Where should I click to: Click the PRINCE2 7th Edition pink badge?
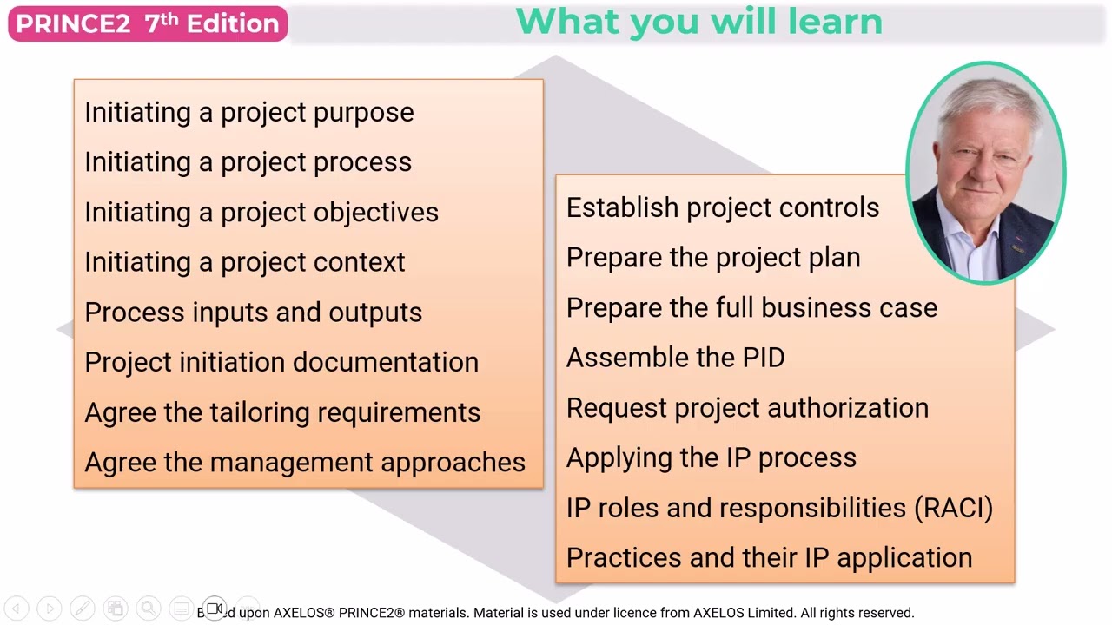pyautogui.click(x=147, y=23)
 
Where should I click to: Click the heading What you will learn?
pyautogui.click(x=698, y=22)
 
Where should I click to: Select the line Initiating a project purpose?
pyautogui.click(x=248, y=112)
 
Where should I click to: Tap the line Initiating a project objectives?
pyautogui.click(x=261, y=212)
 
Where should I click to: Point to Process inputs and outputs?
pyautogui.click(x=253, y=312)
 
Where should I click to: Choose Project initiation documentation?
pyautogui.click(x=281, y=362)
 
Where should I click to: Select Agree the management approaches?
pyautogui.click(x=304, y=463)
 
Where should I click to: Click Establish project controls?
pyautogui.click(x=722, y=208)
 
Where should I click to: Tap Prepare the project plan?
pyautogui.click(x=712, y=258)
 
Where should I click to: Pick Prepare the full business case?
pyautogui.click(x=751, y=308)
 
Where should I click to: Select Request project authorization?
pyautogui.click(x=746, y=408)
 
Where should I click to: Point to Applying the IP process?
pyautogui.click(x=711, y=458)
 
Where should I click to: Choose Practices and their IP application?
pyautogui.click(x=768, y=558)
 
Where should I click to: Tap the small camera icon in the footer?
pyautogui.click(x=215, y=609)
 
